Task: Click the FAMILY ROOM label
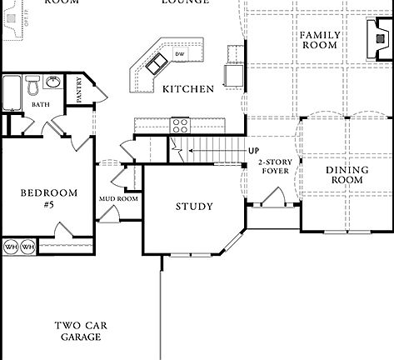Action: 318,40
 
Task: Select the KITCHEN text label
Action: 187,89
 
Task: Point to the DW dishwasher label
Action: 178,55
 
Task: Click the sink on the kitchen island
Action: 155,62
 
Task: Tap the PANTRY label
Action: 79,89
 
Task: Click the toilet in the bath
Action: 32,85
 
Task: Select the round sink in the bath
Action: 52,82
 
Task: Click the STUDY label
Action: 193,207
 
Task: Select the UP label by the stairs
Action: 252,151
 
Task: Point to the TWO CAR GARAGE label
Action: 79,331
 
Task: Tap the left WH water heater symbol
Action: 11,247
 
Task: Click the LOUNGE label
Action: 185,2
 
